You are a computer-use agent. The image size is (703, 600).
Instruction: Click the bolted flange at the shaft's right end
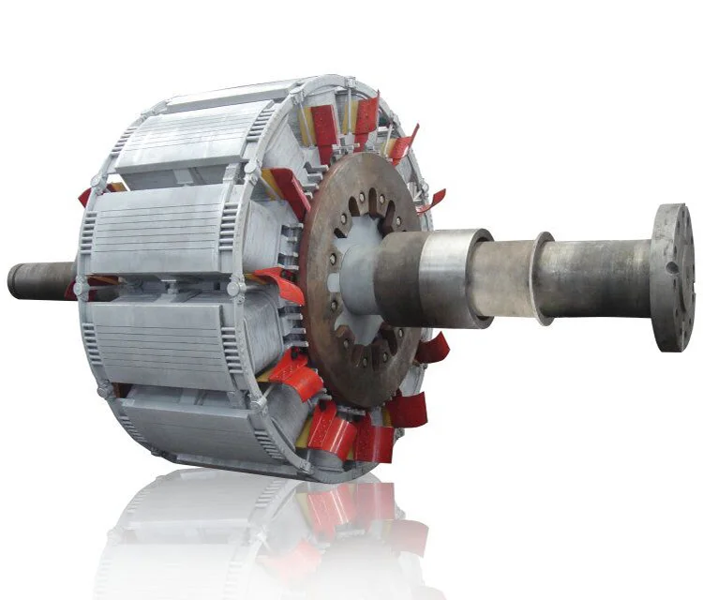pos(672,277)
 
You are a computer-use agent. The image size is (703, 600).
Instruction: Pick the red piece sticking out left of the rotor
pos(84,196)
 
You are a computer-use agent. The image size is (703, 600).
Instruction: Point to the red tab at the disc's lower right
pos(433,349)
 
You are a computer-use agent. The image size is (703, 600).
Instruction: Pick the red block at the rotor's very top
pos(366,116)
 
